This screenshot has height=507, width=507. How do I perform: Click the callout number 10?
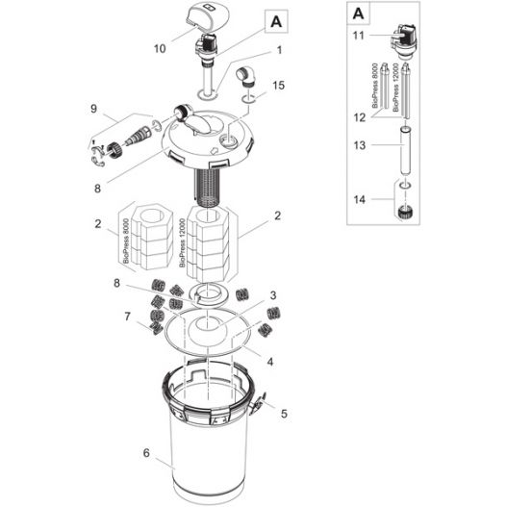pyautogui.click(x=160, y=45)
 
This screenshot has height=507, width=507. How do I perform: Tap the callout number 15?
pyautogui.click(x=278, y=86)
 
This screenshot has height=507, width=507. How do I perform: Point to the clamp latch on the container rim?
pyautogui.click(x=256, y=408)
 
